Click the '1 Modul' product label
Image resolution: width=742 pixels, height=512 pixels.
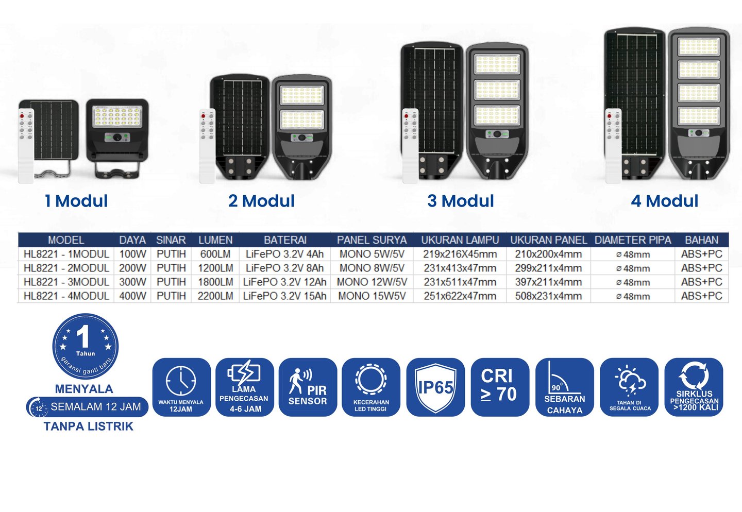(x=76, y=201)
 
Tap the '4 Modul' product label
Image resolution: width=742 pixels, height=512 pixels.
(x=664, y=201)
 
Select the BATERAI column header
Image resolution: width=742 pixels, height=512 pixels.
(x=285, y=240)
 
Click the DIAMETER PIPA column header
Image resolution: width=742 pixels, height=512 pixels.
(x=633, y=240)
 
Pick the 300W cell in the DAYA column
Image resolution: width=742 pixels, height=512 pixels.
(x=132, y=282)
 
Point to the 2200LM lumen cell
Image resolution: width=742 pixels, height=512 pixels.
(x=215, y=296)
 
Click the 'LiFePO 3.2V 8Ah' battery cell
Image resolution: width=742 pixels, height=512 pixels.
(x=285, y=268)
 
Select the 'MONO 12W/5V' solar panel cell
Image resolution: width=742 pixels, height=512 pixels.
(x=372, y=282)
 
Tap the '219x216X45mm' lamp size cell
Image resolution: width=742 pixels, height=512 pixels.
(x=460, y=254)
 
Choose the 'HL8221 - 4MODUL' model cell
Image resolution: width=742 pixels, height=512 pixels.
(x=66, y=296)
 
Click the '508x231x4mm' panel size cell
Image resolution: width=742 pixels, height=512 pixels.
(x=548, y=296)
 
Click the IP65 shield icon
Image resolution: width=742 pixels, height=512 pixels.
(x=435, y=387)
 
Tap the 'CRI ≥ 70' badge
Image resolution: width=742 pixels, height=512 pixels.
(x=499, y=386)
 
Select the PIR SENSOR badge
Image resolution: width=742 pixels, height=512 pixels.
(x=308, y=387)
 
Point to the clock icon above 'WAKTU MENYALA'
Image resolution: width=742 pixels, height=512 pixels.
(x=181, y=381)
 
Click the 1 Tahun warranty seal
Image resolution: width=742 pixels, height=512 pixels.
(x=86, y=346)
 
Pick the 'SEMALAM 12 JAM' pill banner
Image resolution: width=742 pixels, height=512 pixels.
(x=88, y=407)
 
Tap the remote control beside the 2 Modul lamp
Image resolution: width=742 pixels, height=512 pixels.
(x=207, y=146)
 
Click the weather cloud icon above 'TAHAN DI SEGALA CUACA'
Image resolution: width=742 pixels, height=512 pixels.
(x=630, y=381)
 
